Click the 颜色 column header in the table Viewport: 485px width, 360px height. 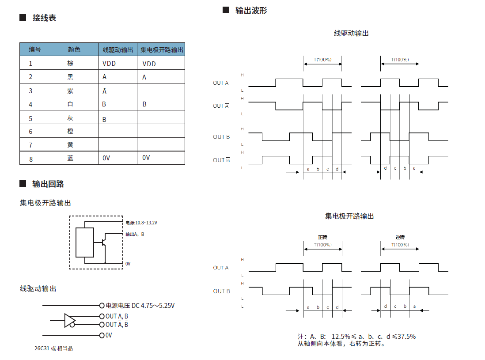click(74, 49)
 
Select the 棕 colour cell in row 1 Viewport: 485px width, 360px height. click(70, 63)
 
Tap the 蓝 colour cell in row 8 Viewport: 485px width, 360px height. click(70, 158)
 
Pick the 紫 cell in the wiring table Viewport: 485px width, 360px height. click(70, 91)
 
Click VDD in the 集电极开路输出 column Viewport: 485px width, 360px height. click(149, 64)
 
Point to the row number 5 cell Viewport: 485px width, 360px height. click(30, 118)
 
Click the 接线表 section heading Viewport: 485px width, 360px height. click(44, 18)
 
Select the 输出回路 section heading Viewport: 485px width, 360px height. click(51, 184)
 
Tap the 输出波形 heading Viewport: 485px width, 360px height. click(251, 10)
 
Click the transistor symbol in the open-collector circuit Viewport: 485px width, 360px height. click(104, 242)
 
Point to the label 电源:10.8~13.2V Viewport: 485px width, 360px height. click(141, 223)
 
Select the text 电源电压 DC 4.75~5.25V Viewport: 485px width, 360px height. click(140, 305)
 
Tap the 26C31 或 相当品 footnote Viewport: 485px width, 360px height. click(53, 349)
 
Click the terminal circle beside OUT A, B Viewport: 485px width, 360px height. click(102, 316)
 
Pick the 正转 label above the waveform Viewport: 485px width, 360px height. click(322, 238)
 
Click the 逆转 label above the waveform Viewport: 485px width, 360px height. click(400, 238)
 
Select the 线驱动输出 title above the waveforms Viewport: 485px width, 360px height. click(351, 33)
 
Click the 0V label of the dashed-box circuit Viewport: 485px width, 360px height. click(128, 264)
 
